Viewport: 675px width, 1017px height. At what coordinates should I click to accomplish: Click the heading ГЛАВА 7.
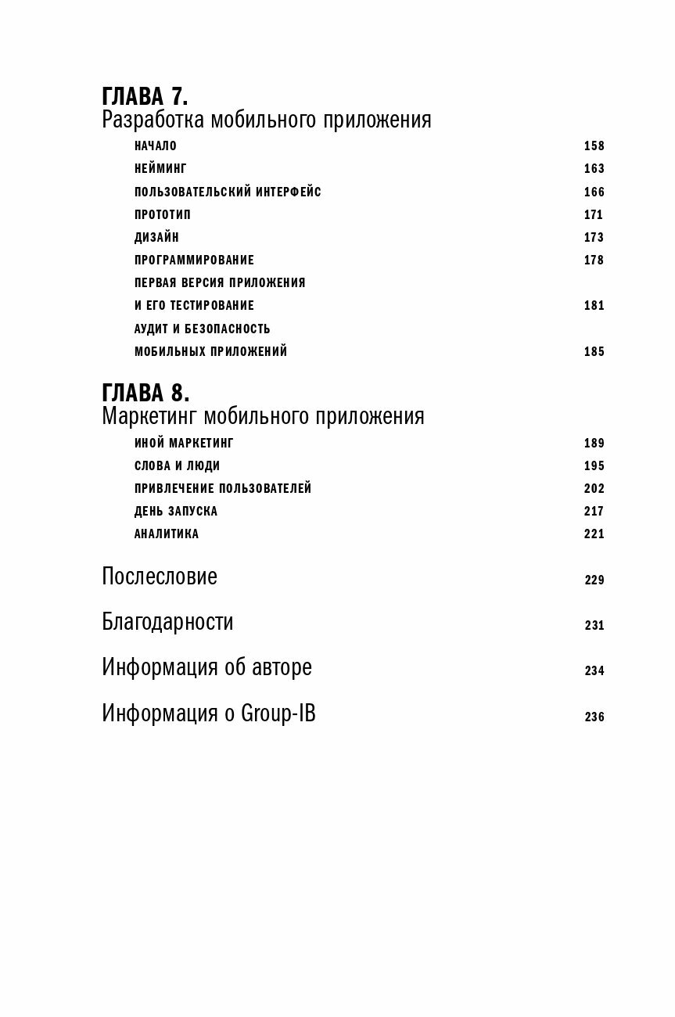pyautogui.click(x=145, y=96)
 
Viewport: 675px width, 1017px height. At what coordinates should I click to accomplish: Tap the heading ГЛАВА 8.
pyautogui.click(x=145, y=392)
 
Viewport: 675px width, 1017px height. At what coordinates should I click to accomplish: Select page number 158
pyautogui.click(x=594, y=146)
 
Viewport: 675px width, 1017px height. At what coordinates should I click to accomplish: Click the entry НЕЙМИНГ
pyautogui.click(x=160, y=169)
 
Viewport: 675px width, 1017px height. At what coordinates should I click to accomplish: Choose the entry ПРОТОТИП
pyautogui.click(x=163, y=215)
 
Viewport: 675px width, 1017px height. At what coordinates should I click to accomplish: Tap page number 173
pyautogui.click(x=594, y=238)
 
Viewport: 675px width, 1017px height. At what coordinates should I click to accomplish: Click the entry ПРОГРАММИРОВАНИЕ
pyautogui.click(x=194, y=261)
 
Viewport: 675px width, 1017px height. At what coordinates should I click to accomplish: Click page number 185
pyautogui.click(x=594, y=352)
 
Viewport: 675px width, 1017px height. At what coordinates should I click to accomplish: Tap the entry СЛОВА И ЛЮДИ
pyautogui.click(x=177, y=466)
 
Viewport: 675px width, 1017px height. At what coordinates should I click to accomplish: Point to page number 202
pyautogui.click(x=594, y=489)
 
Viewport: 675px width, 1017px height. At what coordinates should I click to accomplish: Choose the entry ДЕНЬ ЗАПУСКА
pyautogui.click(x=176, y=512)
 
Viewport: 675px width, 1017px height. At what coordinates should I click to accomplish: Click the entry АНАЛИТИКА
pyautogui.click(x=167, y=534)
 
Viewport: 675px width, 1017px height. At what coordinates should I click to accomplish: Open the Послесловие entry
pyautogui.click(x=160, y=577)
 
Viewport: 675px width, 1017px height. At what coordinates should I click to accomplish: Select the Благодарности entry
pyautogui.click(x=167, y=623)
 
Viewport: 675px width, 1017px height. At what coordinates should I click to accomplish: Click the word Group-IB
pyautogui.click(x=278, y=714)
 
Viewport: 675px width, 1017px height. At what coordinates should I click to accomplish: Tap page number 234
pyautogui.click(x=594, y=671)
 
